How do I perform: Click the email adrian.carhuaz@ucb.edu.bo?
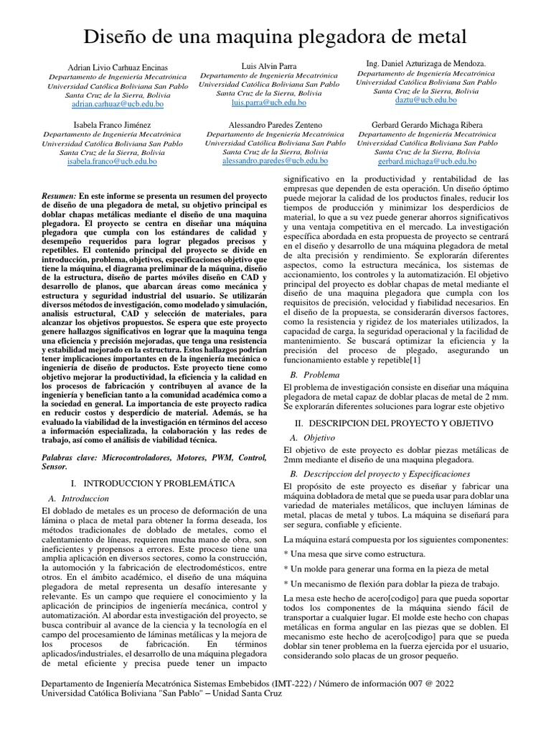(118, 104)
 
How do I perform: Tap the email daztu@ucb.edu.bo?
(427, 100)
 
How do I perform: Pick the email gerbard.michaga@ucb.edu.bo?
(427, 161)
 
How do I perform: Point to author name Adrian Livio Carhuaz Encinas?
(118, 65)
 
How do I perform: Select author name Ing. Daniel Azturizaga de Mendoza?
(427, 64)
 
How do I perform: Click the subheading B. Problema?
(313, 375)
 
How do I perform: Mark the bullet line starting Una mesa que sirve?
(354, 554)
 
